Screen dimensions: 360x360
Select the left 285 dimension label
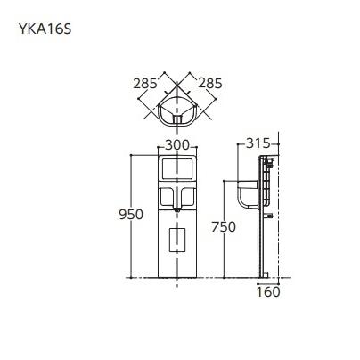[145, 84]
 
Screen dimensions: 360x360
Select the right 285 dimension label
[209, 84]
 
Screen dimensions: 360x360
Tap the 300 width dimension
[177, 145]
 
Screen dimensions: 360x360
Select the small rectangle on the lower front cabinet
[177, 238]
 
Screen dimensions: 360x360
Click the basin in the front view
[177, 194]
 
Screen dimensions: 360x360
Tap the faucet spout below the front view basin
[177, 207]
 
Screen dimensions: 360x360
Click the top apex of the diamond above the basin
[177, 78]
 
